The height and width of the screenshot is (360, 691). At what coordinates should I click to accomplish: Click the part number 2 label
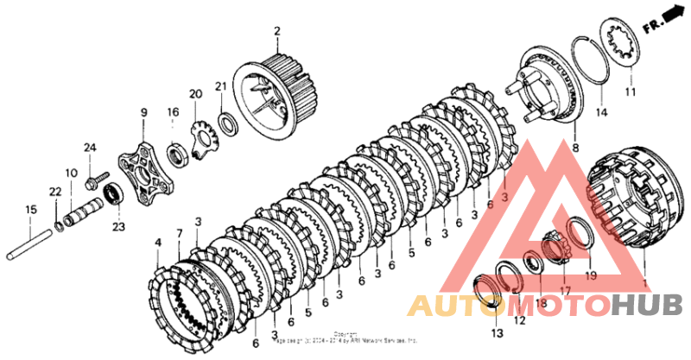277,33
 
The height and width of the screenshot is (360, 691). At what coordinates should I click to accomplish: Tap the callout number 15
30,210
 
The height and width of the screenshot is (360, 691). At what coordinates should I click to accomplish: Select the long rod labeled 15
31,243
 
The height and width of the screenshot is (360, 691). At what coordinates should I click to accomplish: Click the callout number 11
630,92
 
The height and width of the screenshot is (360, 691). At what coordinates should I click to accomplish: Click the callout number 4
157,244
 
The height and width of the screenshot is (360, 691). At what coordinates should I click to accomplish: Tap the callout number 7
180,233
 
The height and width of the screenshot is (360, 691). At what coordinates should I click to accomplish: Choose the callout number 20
195,93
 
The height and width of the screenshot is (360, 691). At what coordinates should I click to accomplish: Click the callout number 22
54,191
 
